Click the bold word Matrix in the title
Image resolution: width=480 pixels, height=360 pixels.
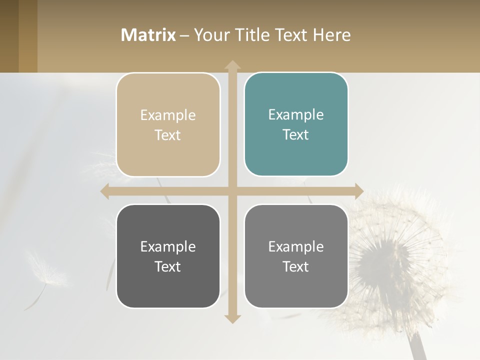pyautogui.click(x=148, y=35)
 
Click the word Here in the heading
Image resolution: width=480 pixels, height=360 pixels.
pyautogui.click(x=331, y=35)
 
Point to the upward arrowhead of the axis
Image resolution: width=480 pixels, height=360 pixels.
pyautogui.click(x=232, y=65)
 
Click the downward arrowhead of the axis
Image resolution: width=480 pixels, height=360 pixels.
pyautogui.click(x=232, y=318)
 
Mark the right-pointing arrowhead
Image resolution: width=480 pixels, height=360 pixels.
pyautogui.click(x=359, y=191)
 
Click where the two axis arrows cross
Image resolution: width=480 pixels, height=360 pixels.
pyautogui.click(x=232, y=191)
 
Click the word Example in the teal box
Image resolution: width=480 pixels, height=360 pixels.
pyautogui.click(x=296, y=114)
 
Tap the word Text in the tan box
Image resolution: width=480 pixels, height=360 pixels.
pyautogui.click(x=168, y=135)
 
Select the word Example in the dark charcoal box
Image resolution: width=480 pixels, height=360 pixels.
pyautogui.click(x=168, y=246)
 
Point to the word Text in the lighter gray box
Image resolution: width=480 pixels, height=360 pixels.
pyautogui.click(x=296, y=266)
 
